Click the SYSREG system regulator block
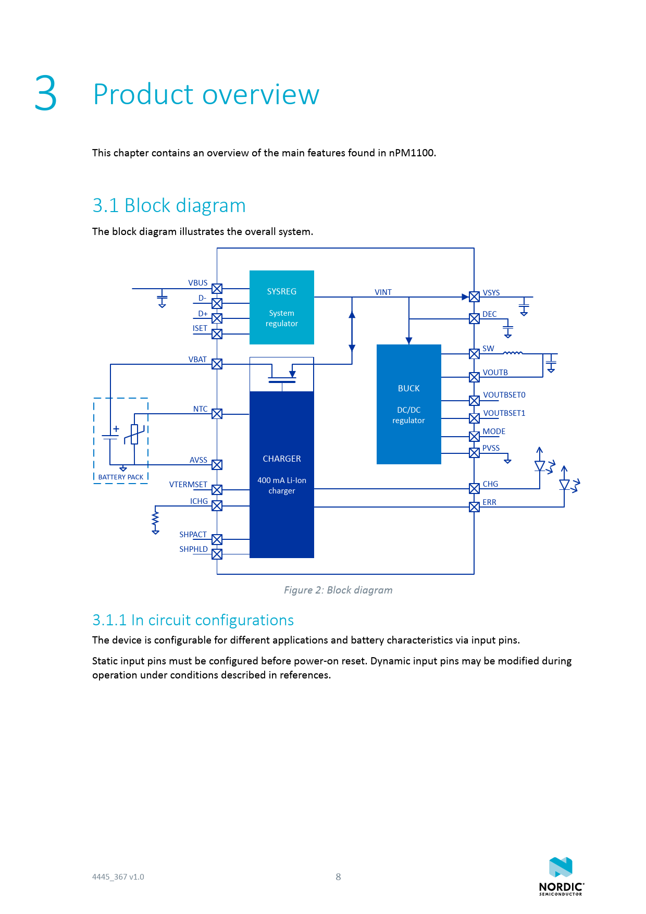(281, 307)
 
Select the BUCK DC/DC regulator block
(408, 404)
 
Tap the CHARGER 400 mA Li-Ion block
(281, 474)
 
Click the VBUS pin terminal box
(217, 289)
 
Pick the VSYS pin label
(491, 293)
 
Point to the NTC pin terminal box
(217, 414)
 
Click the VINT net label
(383, 292)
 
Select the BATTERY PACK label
(120, 477)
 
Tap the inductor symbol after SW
(513, 353)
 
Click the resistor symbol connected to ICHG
(155, 520)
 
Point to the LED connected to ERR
(565, 485)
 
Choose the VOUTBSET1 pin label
(504, 413)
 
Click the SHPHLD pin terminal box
(217, 554)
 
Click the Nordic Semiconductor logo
(561, 876)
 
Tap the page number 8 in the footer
(338, 877)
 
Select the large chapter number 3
(46, 94)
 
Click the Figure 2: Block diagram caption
(338, 590)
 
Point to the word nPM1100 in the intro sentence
(412, 153)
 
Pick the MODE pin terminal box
(474, 436)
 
